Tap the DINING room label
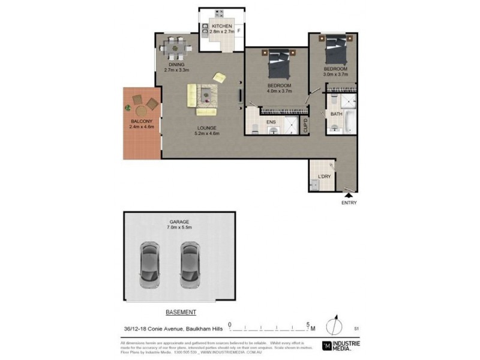click(176, 64)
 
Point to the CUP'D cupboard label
click(305, 125)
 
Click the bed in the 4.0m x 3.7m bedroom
click(280, 64)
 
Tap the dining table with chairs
click(176, 45)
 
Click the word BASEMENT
click(181, 313)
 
